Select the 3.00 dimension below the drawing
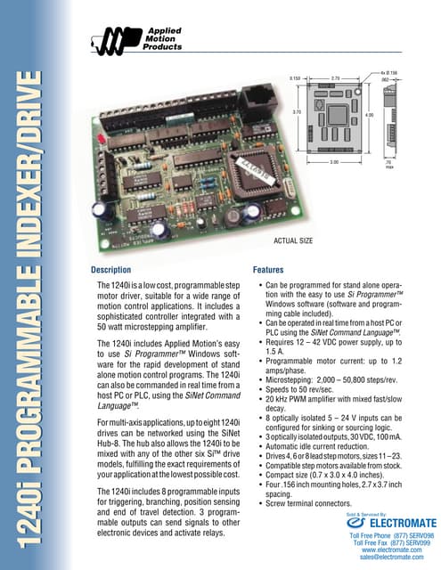[335, 163]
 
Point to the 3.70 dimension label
[297, 112]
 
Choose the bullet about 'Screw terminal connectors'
[308, 504]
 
